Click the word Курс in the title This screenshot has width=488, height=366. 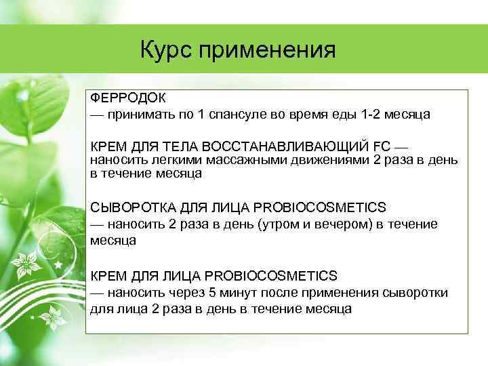[166, 50]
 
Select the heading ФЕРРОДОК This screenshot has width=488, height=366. [123, 98]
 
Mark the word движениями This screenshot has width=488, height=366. [314, 160]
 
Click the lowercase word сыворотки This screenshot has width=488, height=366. [414, 292]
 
